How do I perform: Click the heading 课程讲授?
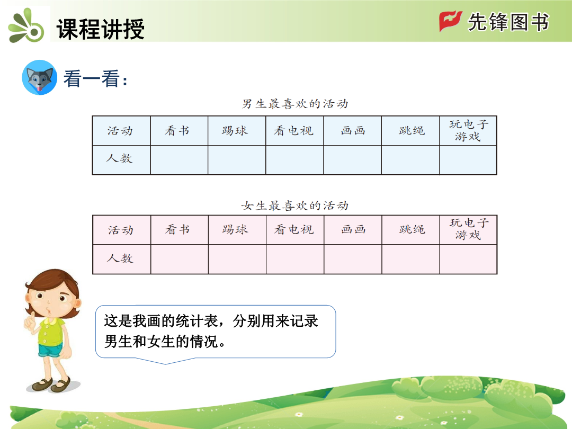tap(100, 29)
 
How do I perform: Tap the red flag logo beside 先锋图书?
tap(450, 21)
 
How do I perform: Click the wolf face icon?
tap(40, 78)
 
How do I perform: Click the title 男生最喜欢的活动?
tap(295, 104)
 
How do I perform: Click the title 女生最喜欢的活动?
tap(295, 205)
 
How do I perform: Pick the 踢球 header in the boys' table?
tap(235, 131)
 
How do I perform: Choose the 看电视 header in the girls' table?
tap(293, 229)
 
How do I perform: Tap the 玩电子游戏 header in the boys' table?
tap(468, 130)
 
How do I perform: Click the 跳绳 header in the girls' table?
tap(412, 229)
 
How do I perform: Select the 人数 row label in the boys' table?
tap(119, 158)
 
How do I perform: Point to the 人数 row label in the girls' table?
tap(120, 258)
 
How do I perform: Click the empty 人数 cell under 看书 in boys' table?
tap(179, 160)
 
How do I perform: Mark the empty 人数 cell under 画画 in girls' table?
tap(353, 259)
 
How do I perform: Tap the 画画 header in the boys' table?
tap(353, 131)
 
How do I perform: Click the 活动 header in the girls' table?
tap(121, 230)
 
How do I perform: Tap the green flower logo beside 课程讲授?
tap(26, 25)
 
